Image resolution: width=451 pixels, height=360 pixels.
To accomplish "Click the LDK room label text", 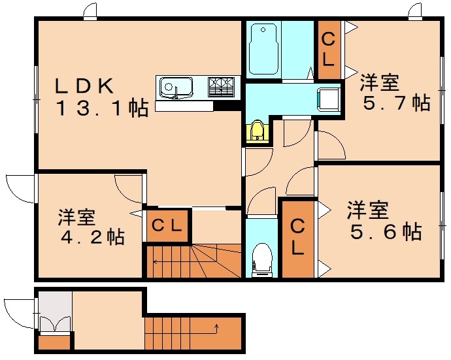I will click(x=85, y=85).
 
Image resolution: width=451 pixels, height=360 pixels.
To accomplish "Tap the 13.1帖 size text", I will click(x=101, y=108).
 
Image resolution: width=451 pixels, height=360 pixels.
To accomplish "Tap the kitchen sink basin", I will click(x=174, y=86).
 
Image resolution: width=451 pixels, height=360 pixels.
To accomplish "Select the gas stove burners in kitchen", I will click(x=221, y=86).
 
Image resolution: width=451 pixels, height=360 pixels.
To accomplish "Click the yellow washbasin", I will click(x=258, y=131).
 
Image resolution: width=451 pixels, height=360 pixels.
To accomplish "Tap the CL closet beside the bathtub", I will click(x=328, y=48).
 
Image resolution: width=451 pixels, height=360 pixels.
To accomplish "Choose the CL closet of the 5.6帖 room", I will click(x=297, y=238).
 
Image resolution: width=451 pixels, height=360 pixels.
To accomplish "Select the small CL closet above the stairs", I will click(x=167, y=226).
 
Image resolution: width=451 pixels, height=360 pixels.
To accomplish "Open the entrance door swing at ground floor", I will click(x=18, y=312).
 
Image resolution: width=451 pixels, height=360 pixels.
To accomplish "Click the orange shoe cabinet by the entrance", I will click(x=54, y=342).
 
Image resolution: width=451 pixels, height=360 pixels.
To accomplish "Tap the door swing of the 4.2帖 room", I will click(x=127, y=189).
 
